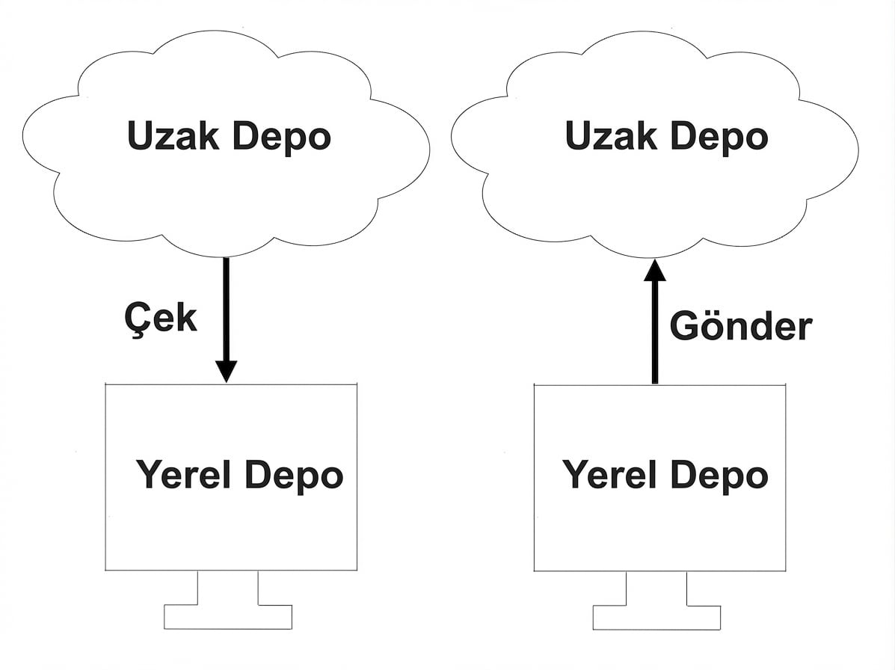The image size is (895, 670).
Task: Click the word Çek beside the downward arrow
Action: point(160,319)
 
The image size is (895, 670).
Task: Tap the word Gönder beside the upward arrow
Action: point(740,327)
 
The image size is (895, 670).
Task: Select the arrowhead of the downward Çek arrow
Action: point(226,370)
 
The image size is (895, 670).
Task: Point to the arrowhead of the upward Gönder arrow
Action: point(655,270)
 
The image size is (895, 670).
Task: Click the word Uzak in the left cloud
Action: point(173,137)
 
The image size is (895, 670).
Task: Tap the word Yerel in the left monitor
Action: point(183,475)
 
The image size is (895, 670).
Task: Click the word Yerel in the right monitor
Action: point(609,475)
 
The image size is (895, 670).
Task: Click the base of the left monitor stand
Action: point(228,617)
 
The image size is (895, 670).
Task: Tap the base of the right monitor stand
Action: point(656,617)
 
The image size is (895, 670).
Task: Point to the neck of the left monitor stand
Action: point(228,588)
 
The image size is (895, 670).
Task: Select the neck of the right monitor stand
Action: point(656,588)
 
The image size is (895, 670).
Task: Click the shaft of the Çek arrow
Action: point(226,307)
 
